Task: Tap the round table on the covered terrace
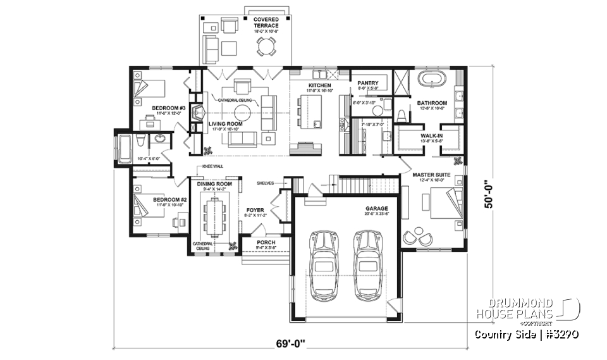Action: click(266, 46)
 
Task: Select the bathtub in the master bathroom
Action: click(432, 80)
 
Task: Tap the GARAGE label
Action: click(376, 208)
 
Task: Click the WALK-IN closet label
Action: click(432, 135)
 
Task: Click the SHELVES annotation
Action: click(264, 183)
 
